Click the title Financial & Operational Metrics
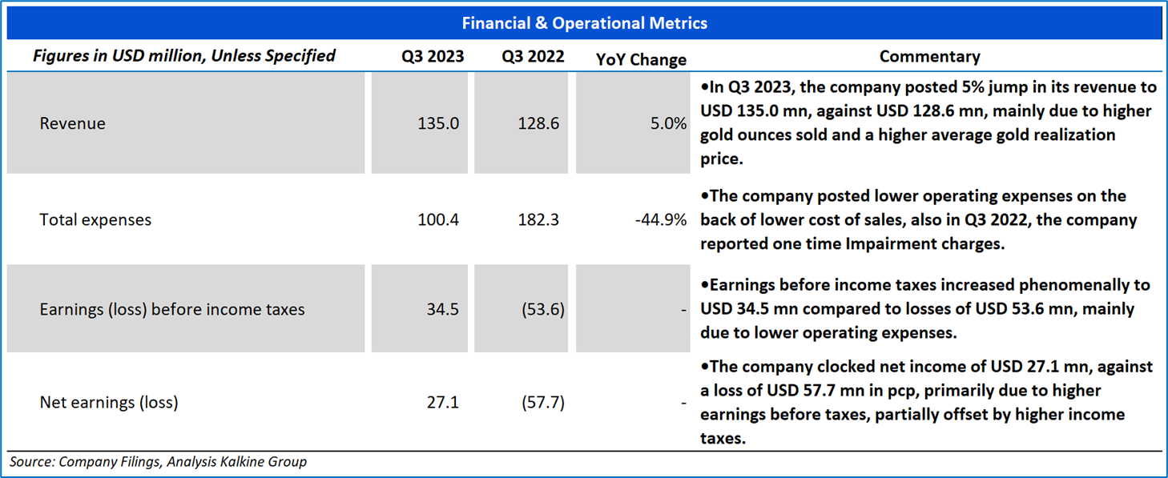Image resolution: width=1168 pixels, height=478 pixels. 584,23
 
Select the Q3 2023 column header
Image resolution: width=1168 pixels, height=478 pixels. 433,57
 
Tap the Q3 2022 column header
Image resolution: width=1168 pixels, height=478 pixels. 533,57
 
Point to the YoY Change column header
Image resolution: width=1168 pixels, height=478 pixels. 642,59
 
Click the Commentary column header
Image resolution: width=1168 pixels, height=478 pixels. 929,57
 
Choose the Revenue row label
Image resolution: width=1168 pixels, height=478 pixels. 73,124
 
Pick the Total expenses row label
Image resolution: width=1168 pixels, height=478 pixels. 95,219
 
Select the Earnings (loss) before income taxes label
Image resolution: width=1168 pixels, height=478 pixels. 172,309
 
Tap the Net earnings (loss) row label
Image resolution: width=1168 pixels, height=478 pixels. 109,402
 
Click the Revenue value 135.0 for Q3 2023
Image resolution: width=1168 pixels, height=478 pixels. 438,124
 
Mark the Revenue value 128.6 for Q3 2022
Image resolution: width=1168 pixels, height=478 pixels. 539,124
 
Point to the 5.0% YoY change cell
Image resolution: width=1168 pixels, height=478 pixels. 668,124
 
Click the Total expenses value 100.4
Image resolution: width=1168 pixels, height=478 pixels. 438,219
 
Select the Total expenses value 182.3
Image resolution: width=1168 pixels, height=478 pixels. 539,219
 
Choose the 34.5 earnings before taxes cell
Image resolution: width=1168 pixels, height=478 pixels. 443,309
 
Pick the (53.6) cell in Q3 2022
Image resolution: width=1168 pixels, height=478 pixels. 542,309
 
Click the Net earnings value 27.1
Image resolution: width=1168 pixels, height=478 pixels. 443,402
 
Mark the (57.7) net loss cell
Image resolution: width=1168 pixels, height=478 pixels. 542,402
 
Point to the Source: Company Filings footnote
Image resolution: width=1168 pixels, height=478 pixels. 158,462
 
